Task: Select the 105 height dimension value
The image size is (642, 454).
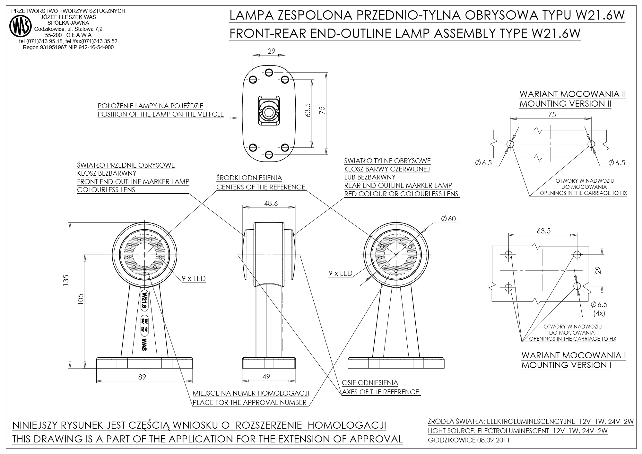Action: click(x=81, y=299)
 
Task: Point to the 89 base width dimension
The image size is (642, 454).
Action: click(x=142, y=377)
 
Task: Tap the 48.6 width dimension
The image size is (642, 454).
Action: click(x=271, y=203)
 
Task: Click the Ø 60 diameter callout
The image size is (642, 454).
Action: click(x=448, y=219)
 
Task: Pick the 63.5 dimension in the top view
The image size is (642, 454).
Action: click(x=308, y=110)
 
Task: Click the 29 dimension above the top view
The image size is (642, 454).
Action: click(x=271, y=51)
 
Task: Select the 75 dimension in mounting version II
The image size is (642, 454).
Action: click(x=552, y=114)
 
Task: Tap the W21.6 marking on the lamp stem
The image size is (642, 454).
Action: click(x=144, y=300)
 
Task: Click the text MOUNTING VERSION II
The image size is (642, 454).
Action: click(x=565, y=104)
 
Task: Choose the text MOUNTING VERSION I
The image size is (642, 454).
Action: click(x=566, y=365)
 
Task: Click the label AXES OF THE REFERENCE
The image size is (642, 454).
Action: click(x=380, y=392)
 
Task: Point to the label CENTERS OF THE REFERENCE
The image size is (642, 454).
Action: click(x=261, y=187)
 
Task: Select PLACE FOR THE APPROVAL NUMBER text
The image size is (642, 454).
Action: click(x=249, y=402)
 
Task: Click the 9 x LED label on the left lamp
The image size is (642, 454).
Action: click(x=194, y=278)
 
